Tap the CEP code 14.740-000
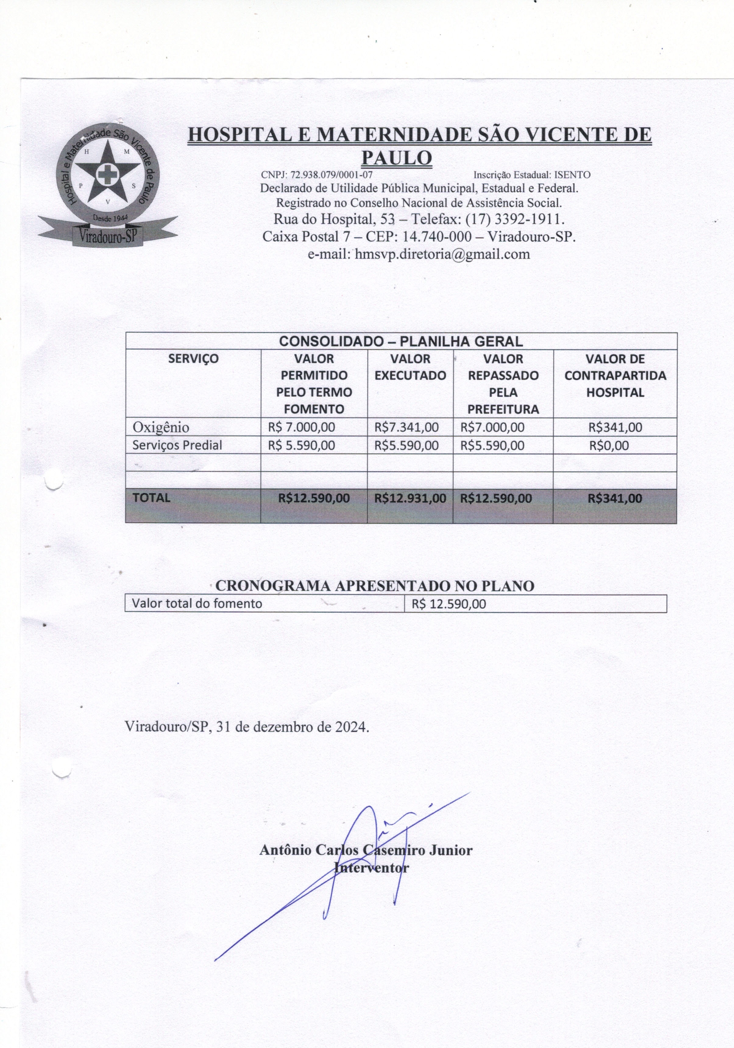pyautogui.click(x=437, y=236)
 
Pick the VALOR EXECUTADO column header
pyautogui.click(x=410, y=367)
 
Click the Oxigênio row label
pyautogui.click(x=161, y=427)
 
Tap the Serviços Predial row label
pyautogui.click(x=177, y=445)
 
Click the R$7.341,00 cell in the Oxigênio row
pyautogui.click(x=406, y=427)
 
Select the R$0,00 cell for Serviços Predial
pyautogui.click(x=609, y=445)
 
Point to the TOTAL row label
pyautogui.click(x=151, y=498)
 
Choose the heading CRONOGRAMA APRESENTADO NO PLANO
pyautogui.click(x=374, y=586)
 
